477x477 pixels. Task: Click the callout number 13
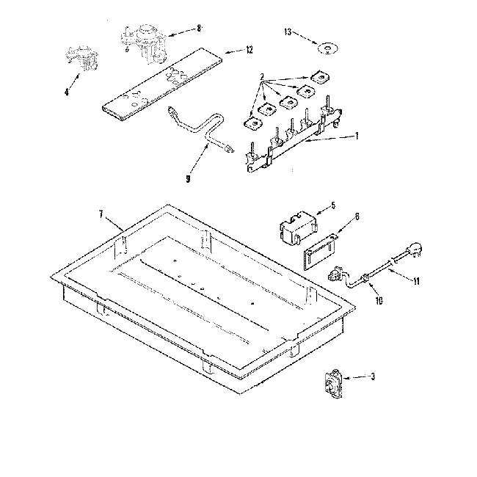click(288, 33)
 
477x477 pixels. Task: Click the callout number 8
click(198, 28)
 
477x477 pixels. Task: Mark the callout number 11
click(416, 280)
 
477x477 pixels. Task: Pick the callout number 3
click(373, 377)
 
